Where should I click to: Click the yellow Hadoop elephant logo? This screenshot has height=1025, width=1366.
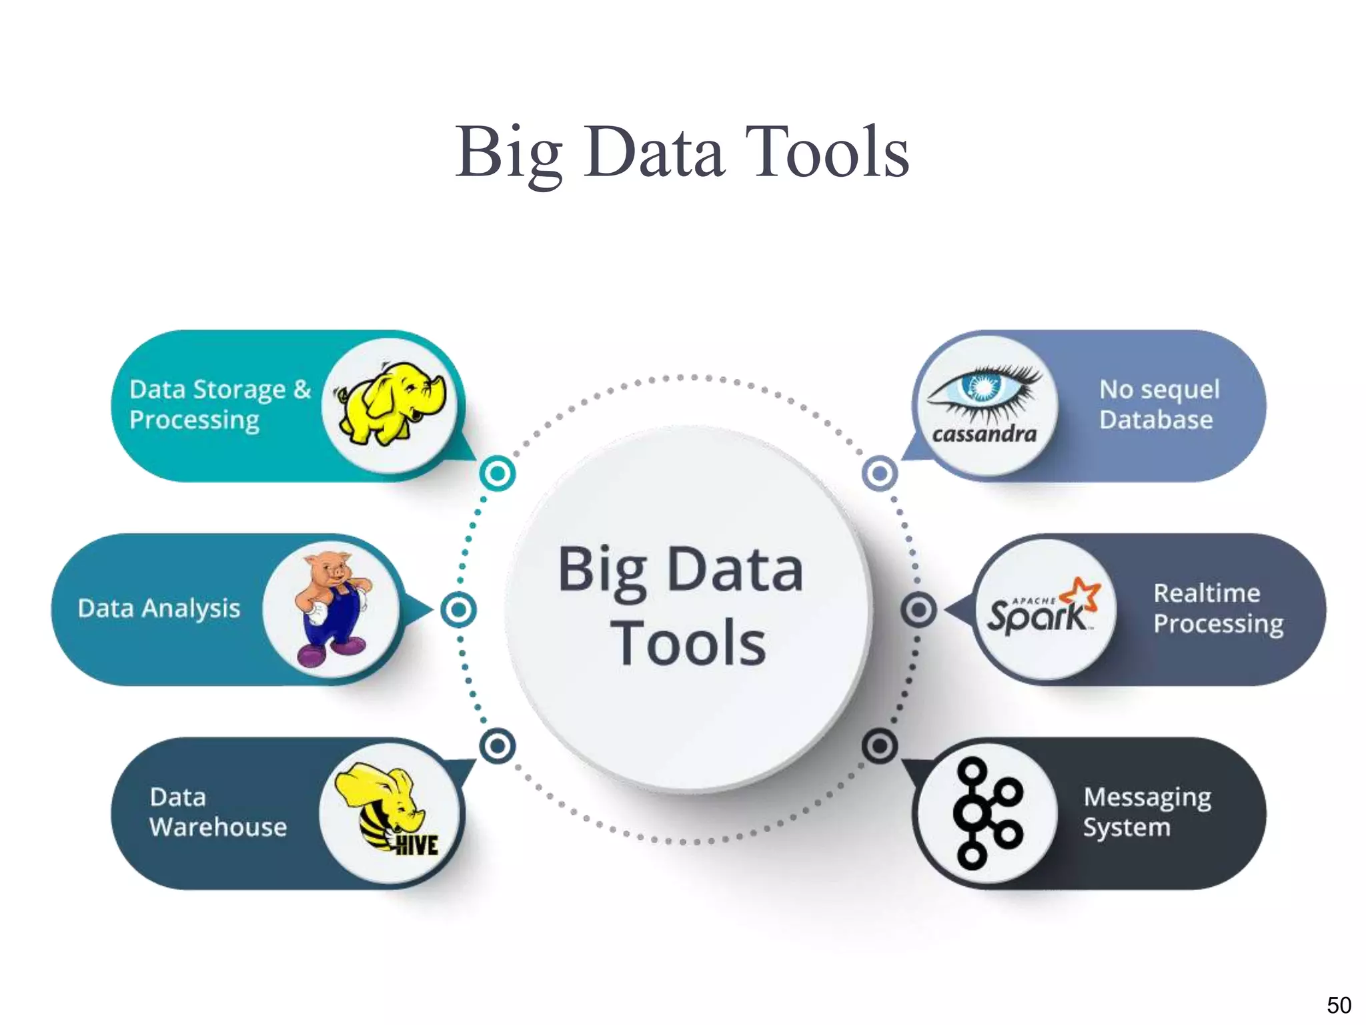[x=390, y=404]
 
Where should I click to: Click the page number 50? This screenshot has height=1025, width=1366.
[x=1339, y=1005]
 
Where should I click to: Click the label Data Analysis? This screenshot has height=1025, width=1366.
[x=159, y=609]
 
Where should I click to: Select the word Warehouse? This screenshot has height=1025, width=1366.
[x=218, y=827]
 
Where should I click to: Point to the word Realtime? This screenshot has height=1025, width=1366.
[x=1207, y=593]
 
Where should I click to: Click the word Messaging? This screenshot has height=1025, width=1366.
[x=1147, y=797]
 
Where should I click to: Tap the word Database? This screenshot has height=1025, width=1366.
[x=1156, y=420]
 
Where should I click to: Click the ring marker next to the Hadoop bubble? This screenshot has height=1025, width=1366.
[x=498, y=473]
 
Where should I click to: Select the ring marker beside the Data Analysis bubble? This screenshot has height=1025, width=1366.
[x=459, y=609]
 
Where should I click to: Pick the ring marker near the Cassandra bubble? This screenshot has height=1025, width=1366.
[x=880, y=473]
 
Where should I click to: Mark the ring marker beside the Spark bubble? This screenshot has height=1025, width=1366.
[x=918, y=609]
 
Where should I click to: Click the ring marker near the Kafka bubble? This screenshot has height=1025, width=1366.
[x=880, y=745]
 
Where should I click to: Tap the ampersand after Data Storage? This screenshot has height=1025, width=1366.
[x=302, y=388]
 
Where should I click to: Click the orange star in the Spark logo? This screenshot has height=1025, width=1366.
[x=1083, y=593]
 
